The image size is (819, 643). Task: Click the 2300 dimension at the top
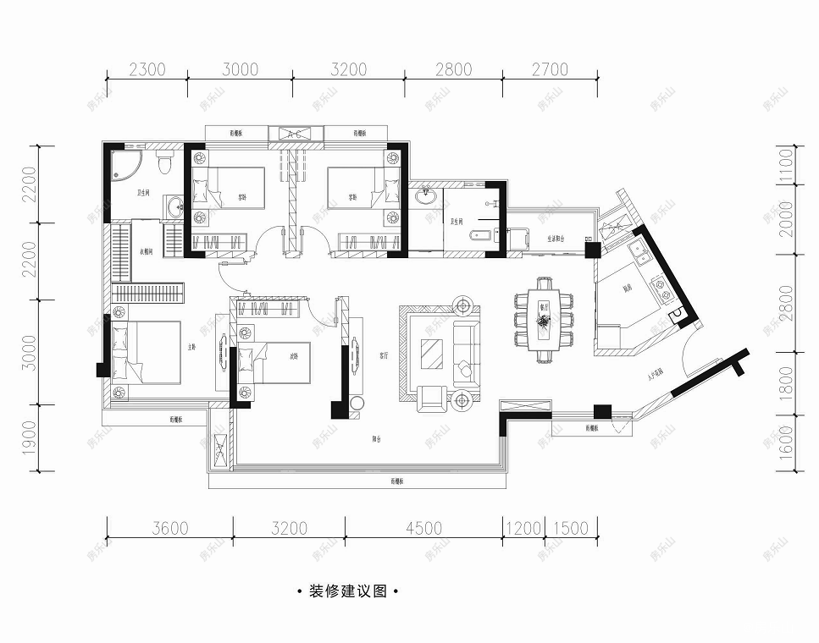(x=147, y=69)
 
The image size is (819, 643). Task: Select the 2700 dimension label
(x=551, y=69)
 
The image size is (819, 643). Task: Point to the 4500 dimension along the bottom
(x=423, y=529)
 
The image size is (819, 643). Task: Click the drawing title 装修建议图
(x=348, y=591)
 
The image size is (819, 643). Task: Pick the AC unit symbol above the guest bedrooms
(x=296, y=134)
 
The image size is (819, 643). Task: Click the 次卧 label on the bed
(x=294, y=355)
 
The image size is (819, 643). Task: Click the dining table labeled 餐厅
(x=543, y=320)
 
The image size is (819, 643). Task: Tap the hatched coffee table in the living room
(x=432, y=353)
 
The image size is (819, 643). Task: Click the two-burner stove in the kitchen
(x=660, y=288)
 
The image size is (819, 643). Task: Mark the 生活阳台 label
(x=556, y=239)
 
